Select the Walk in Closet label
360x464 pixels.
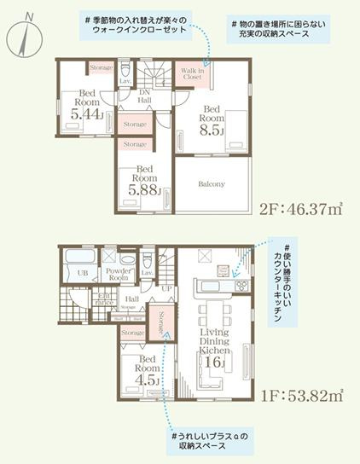[x=190, y=74]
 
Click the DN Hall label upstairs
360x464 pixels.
[x=144, y=96]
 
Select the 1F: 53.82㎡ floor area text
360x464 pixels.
[x=298, y=395]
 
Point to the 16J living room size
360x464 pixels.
[x=212, y=362]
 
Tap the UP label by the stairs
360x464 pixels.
[x=165, y=289]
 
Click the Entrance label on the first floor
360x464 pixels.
[x=104, y=299]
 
